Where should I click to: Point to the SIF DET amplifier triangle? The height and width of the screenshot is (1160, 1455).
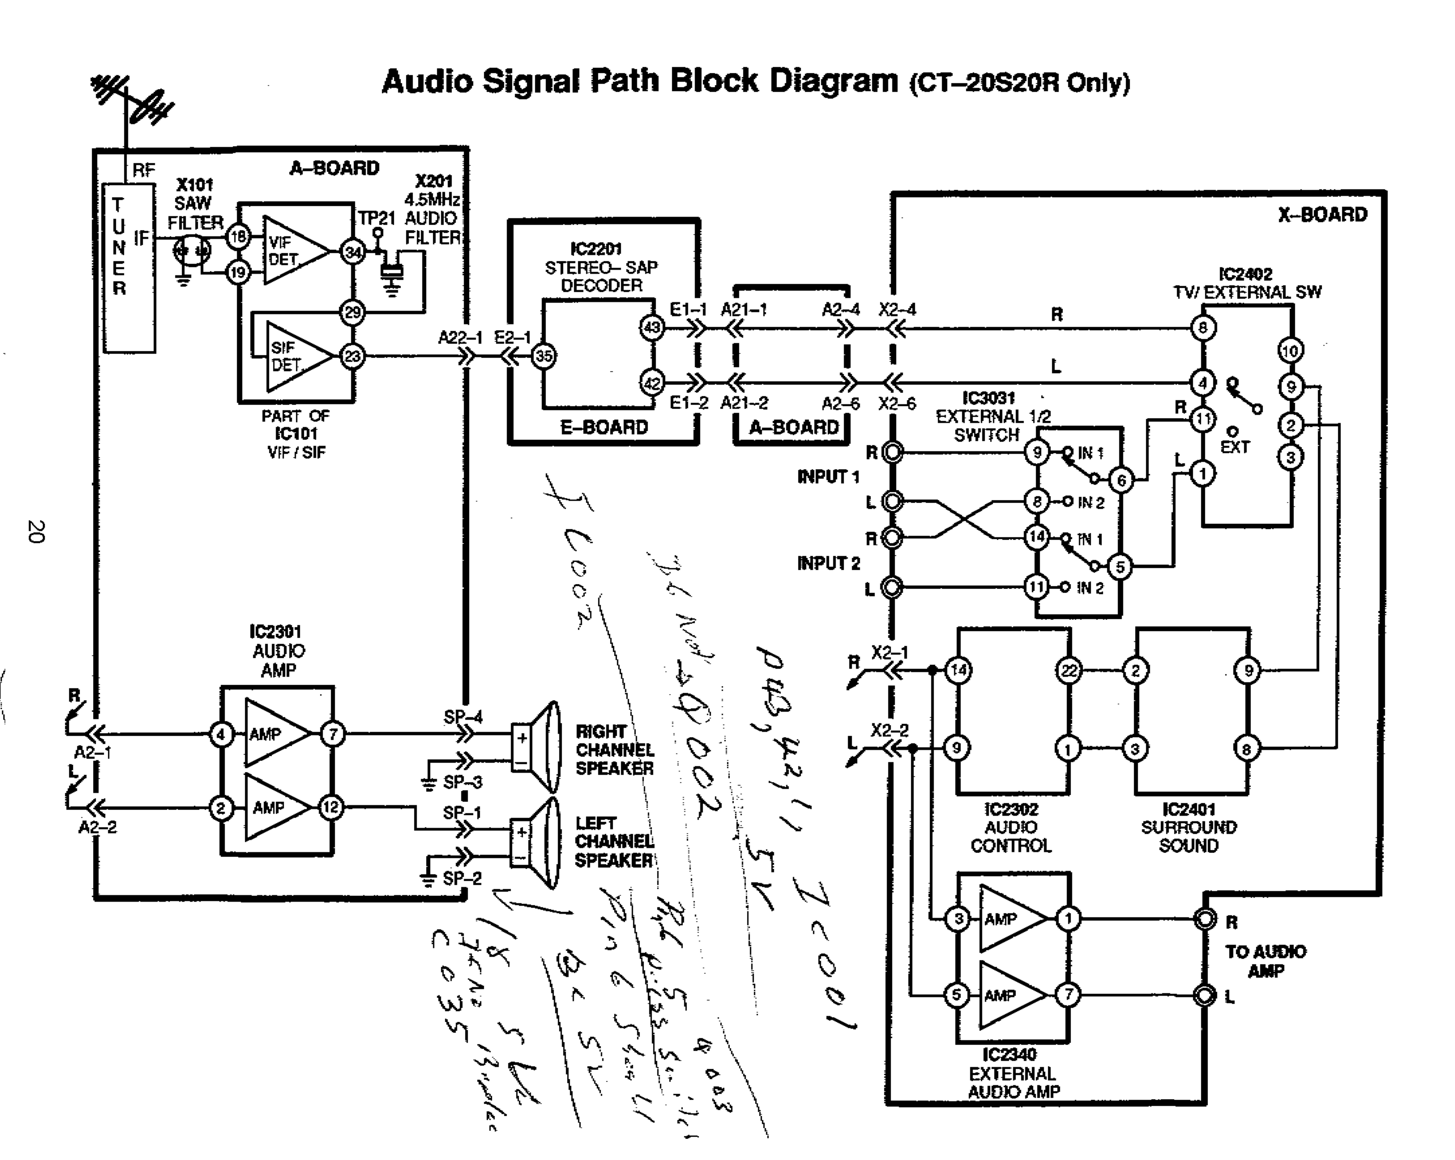(x=297, y=356)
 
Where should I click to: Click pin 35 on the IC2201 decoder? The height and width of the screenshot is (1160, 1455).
(x=544, y=356)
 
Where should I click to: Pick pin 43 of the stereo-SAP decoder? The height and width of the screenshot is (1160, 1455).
(x=652, y=328)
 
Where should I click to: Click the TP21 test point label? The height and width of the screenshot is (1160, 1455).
(x=376, y=218)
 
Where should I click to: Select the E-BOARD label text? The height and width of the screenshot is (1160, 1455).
(x=604, y=427)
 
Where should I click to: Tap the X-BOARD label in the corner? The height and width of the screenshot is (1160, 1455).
(x=1322, y=214)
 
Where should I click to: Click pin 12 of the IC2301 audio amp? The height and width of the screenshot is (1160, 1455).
(x=331, y=807)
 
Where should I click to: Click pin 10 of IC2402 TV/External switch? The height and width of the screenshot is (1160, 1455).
(x=1290, y=350)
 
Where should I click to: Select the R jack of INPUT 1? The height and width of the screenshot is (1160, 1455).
(x=893, y=452)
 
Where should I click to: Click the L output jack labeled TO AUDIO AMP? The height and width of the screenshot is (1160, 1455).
(x=1205, y=995)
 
